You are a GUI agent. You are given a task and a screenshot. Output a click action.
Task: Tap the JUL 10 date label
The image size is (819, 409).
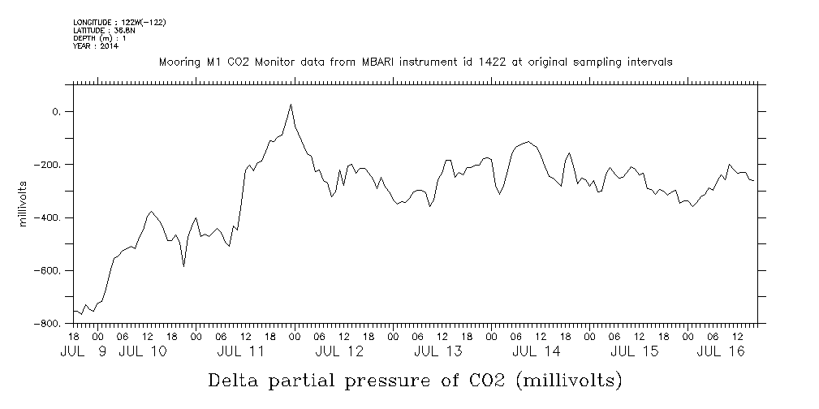143,351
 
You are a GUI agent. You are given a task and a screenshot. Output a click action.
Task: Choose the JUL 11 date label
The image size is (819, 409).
241,351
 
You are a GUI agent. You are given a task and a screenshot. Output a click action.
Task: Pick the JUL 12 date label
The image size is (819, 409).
339,351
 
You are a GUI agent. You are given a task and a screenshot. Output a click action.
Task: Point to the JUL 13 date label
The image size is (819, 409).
438,351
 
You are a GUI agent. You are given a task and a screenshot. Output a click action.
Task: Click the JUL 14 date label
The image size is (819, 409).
536,351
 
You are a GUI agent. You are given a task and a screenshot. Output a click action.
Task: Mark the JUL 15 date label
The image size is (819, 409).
634,351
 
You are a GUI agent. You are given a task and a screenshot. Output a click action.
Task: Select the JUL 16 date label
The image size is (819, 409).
722,351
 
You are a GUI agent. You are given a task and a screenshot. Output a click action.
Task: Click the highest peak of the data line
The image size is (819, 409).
291,105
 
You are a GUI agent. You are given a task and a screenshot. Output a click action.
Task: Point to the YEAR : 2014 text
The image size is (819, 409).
96,46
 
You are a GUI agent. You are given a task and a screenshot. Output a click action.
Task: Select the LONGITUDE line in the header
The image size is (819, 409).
119,22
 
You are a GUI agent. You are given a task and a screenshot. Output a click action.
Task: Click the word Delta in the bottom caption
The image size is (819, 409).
235,380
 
